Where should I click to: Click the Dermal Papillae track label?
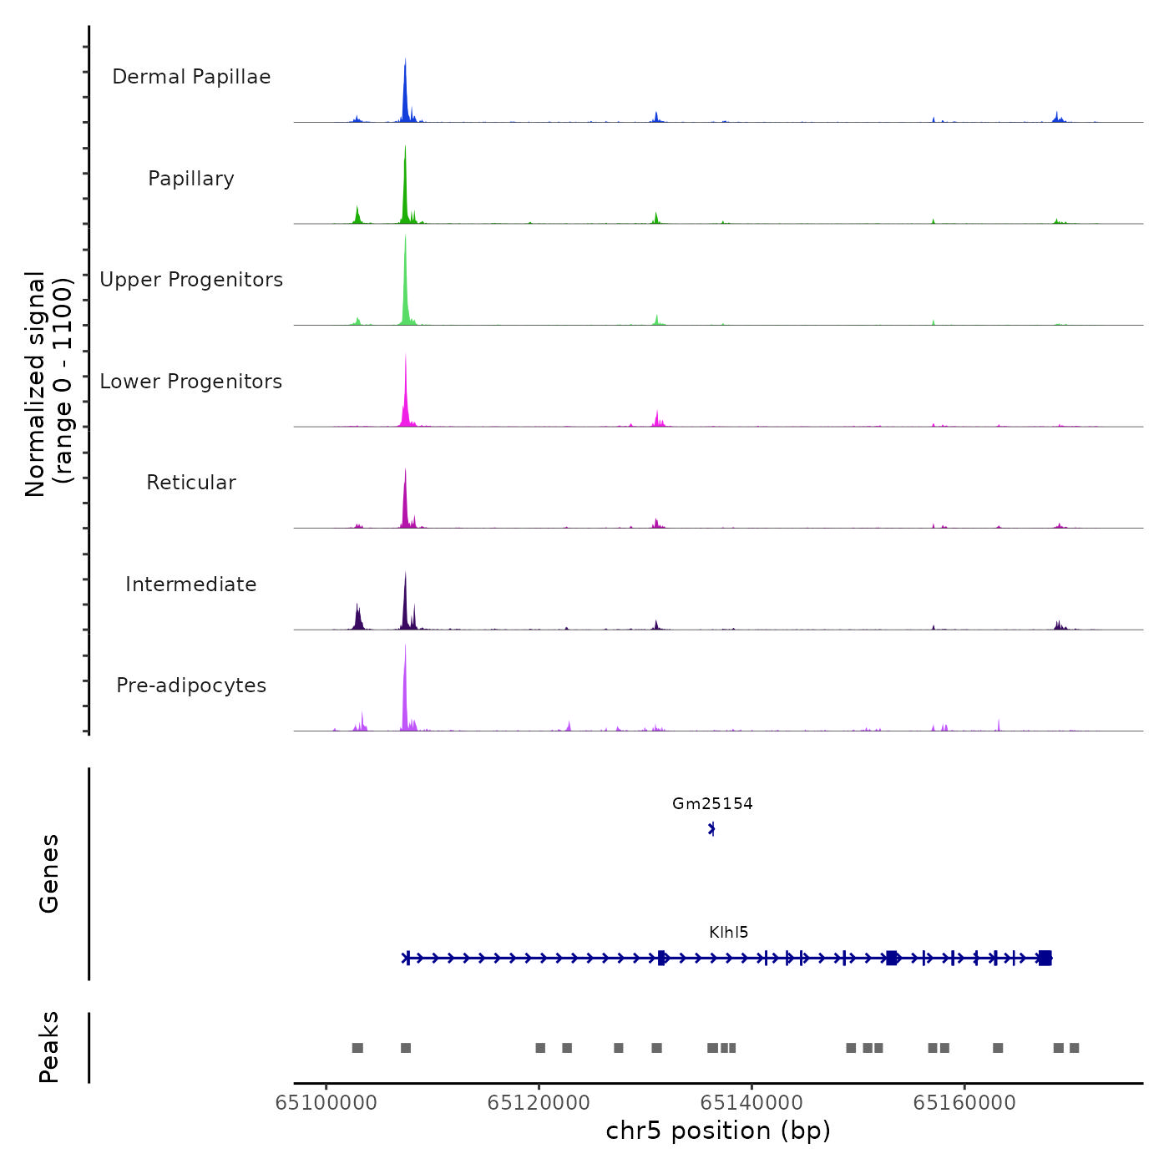point(191,77)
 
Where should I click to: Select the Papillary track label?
point(191,179)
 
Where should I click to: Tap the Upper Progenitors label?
point(191,280)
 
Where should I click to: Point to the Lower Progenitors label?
point(191,382)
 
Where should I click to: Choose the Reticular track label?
point(191,483)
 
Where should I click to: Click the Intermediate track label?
point(191,584)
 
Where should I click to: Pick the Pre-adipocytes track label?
point(191,686)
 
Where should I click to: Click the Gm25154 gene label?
point(712,804)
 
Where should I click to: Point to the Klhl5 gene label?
point(728,933)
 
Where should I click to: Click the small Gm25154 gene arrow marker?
point(711,829)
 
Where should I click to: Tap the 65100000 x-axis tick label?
point(326,1103)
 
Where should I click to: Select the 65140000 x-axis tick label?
point(751,1103)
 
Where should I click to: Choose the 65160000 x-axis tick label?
point(964,1103)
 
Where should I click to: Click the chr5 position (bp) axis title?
point(718,1131)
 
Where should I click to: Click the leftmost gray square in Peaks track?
point(357,1048)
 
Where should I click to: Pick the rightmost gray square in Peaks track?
point(1074,1048)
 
